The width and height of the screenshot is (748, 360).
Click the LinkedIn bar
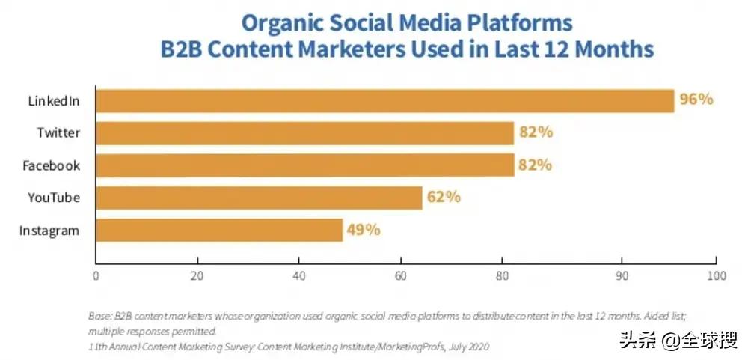pos(384,100)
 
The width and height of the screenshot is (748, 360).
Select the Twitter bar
pos(304,133)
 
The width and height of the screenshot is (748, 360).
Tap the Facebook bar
pos(304,165)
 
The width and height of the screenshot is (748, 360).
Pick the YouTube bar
pos(259,198)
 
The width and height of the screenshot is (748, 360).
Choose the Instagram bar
pos(218,230)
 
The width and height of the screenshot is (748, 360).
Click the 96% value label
pos(696,100)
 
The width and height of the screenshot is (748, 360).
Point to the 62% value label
pos(444,198)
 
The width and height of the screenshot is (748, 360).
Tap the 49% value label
pos(364,230)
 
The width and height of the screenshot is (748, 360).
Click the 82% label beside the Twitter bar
pos(536,133)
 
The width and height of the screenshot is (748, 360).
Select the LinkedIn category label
pos(55,101)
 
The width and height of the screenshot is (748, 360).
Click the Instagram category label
pos(49,231)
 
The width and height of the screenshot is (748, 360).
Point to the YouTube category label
pos(54,198)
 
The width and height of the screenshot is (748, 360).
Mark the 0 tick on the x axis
pos(96,275)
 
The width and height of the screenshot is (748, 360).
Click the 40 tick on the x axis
pos(299,275)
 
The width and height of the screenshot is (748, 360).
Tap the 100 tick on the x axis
pos(716,275)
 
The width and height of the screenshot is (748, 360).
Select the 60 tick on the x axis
pos(402,275)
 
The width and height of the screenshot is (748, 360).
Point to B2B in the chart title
pos(185,49)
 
